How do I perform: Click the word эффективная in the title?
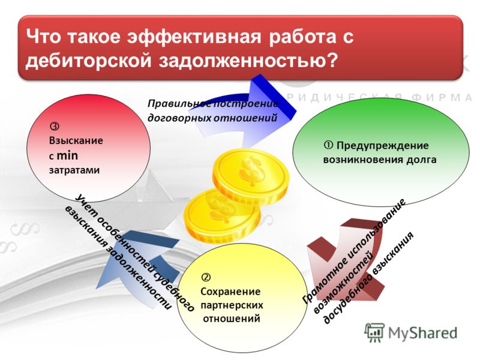point(194,37)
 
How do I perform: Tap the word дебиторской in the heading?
point(88,61)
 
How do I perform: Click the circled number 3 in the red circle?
point(54,126)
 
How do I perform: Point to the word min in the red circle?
point(67,155)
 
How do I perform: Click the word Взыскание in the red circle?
point(76,141)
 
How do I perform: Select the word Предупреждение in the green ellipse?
point(382,146)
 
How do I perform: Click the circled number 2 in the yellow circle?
point(205,277)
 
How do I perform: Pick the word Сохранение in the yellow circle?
point(230,292)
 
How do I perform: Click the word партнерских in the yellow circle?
point(232,305)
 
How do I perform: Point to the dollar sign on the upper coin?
point(252,171)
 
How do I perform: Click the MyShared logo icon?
point(374,332)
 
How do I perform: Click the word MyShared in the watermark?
point(422,333)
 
